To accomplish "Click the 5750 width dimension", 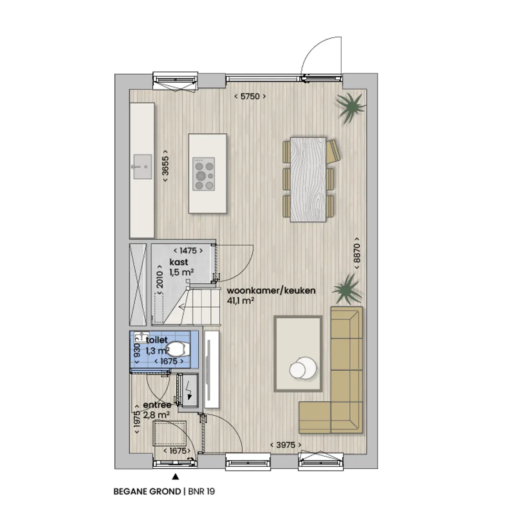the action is point(250,97).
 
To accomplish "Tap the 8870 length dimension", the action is point(357,254).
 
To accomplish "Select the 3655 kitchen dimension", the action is point(165,165).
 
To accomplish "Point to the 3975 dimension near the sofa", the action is point(286,445).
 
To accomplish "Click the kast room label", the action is point(179,262).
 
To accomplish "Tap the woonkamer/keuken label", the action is point(271,290).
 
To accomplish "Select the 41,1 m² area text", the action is point(240,301).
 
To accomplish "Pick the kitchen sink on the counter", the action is point(142,167).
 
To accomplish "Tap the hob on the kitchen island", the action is point(204,174).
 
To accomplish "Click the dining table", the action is point(308,180).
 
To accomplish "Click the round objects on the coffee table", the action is point(303,367).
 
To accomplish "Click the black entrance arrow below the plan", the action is point(175,476).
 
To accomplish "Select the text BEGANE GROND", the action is point(147,492).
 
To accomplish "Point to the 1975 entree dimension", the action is point(137,419).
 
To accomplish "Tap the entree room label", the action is point(157,405).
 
